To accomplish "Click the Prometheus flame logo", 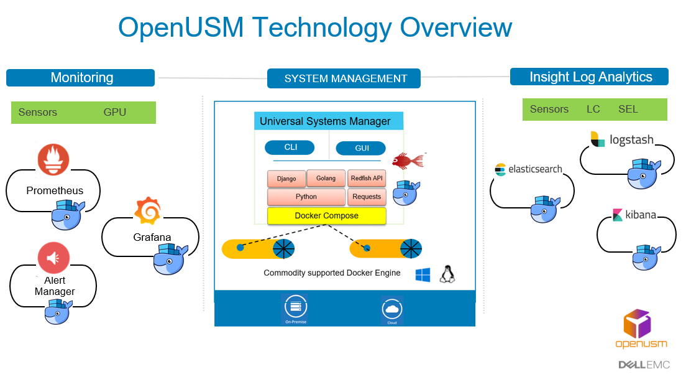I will tap(53, 159).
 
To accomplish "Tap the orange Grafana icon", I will tap(149, 211).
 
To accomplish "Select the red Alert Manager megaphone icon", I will tap(53, 258).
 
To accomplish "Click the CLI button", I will tap(290, 147).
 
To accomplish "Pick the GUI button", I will tap(360, 149).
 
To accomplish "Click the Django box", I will tap(286, 179).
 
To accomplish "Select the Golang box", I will tap(326, 178).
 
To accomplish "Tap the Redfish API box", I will tap(366, 178).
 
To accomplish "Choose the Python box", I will tap(306, 197).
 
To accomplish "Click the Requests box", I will tap(367, 197).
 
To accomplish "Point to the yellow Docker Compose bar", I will tap(326, 216).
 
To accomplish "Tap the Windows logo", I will tap(423, 275).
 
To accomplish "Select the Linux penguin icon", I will tap(447, 274).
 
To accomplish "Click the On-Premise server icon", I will tap(295, 307).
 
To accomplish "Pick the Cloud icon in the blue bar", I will tap(391, 309).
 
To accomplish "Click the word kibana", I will tap(641, 215).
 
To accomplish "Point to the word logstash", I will tap(631, 140).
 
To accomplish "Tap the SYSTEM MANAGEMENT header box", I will tap(344, 78).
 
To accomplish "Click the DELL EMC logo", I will tap(644, 365).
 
